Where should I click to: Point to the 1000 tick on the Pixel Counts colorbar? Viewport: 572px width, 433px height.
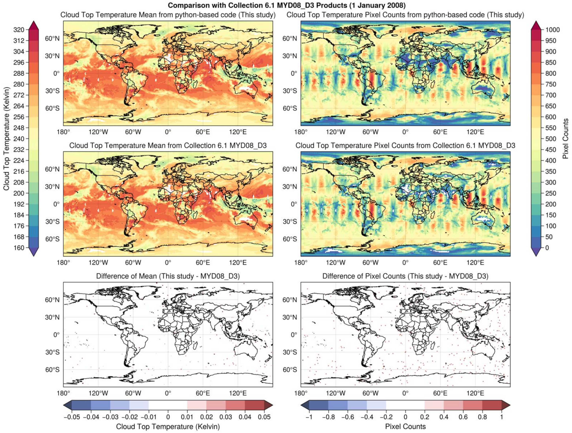pyautogui.click(x=553, y=30)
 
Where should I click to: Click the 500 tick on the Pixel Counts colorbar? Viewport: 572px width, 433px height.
pyautogui.click(x=551, y=139)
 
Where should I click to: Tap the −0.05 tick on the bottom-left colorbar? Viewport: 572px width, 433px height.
pyautogui.click(x=72, y=417)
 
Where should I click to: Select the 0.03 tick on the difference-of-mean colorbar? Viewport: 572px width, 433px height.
pyautogui.click(x=226, y=417)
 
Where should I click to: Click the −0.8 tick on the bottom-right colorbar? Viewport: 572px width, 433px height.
pyautogui.click(x=328, y=417)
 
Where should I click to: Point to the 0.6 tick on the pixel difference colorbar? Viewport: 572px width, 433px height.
pyautogui.click(x=463, y=417)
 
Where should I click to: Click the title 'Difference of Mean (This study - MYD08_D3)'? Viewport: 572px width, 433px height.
pyautogui.click(x=168, y=276)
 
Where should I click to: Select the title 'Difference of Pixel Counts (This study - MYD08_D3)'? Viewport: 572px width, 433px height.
pyautogui.click(x=405, y=276)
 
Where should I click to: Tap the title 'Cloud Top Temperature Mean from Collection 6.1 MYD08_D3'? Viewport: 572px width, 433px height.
pyautogui.click(x=168, y=146)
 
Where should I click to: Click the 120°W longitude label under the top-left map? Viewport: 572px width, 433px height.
pyautogui.click(x=98, y=132)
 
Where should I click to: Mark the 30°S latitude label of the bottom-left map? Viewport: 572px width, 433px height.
pyautogui.click(x=52, y=352)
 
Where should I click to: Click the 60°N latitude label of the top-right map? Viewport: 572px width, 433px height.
pyautogui.click(x=290, y=39)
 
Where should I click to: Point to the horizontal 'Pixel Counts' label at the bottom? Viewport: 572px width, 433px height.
pyautogui.click(x=405, y=427)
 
